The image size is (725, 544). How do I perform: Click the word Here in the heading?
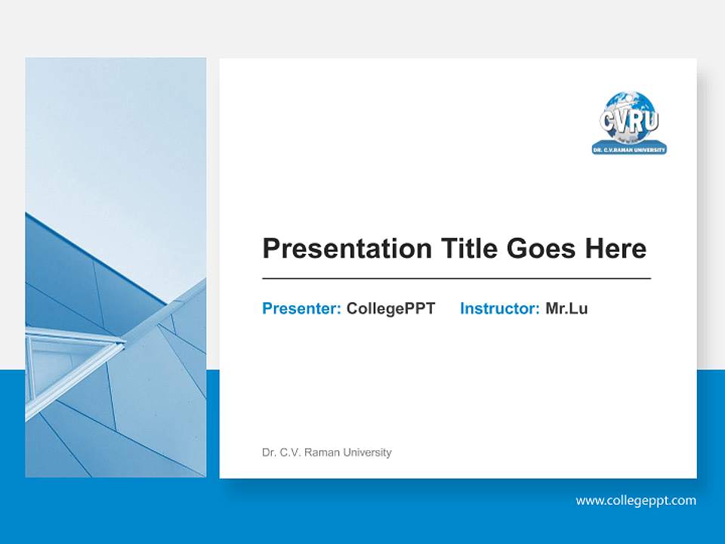tap(615, 249)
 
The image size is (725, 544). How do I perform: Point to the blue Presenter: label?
tap(301, 308)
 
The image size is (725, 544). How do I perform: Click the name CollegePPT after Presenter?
tap(390, 308)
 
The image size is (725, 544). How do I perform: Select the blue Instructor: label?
tap(499, 308)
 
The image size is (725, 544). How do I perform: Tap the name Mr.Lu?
tap(566, 308)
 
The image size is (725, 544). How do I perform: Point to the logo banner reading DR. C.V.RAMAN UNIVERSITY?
tap(629, 150)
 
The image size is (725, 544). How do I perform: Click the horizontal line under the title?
tap(456, 279)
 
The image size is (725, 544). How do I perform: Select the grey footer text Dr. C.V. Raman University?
tap(326, 453)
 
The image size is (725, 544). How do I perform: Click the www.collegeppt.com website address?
tap(636, 500)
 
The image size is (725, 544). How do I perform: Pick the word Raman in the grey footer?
tap(322, 453)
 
